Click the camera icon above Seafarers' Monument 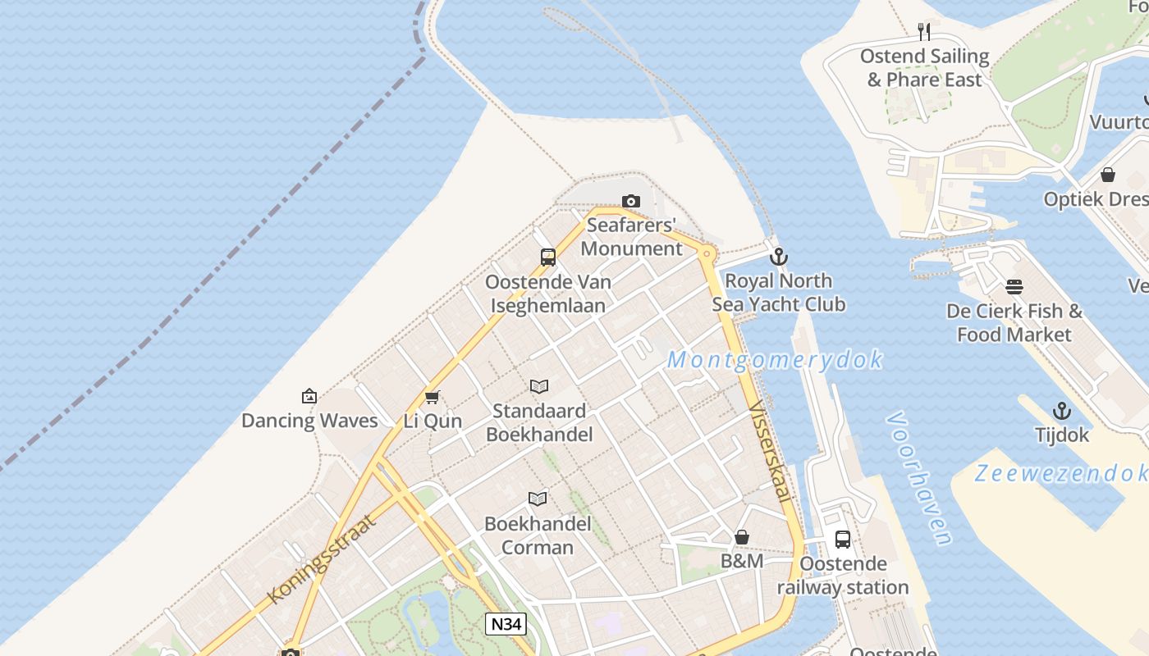click(x=630, y=201)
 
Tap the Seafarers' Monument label click(x=631, y=236)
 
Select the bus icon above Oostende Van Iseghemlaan click(x=548, y=257)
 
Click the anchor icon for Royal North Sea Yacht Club click(x=778, y=257)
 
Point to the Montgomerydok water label click(x=775, y=360)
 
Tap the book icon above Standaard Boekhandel click(x=538, y=386)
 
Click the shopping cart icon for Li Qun click(x=433, y=397)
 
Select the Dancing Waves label click(x=309, y=421)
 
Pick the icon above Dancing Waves click(x=309, y=396)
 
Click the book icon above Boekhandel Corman click(x=538, y=499)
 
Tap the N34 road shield click(x=505, y=624)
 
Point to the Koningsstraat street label click(x=323, y=558)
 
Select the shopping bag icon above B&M click(x=742, y=537)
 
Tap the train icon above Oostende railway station click(x=843, y=540)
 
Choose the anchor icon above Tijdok click(x=1062, y=411)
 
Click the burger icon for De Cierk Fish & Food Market click(x=1014, y=287)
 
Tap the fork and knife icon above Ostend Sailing click(x=924, y=32)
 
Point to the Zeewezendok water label click(x=1060, y=473)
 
